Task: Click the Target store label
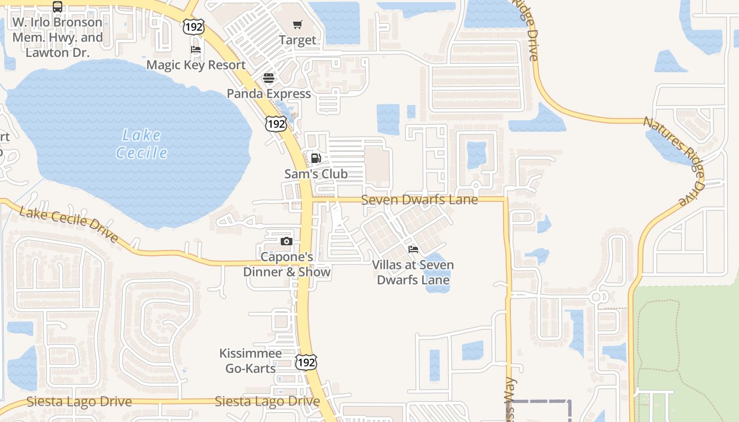tap(298, 40)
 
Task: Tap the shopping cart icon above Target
tap(298, 24)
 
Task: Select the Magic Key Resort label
tap(196, 65)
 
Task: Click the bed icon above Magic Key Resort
tap(196, 50)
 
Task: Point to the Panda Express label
tap(269, 93)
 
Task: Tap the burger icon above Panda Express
tap(269, 78)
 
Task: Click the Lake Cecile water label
tap(141, 144)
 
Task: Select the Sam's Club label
tap(316, 174)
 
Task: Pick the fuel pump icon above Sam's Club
tap(316, 158)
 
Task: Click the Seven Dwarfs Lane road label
tap(420, 200)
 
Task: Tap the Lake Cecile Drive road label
tap(69, 225)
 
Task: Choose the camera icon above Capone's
tap(286, 242)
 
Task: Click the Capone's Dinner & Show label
tap(287, 264)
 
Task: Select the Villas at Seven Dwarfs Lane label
tap(413, 272)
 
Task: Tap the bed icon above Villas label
tap(413, 249)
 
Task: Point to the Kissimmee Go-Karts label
tap(251, 361)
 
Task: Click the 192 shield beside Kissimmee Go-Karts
tap(306, 362)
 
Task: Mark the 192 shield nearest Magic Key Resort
tap(194, 27)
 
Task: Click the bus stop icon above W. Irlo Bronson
tap(58, 7)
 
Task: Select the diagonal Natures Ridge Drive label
tap(674, 159)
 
